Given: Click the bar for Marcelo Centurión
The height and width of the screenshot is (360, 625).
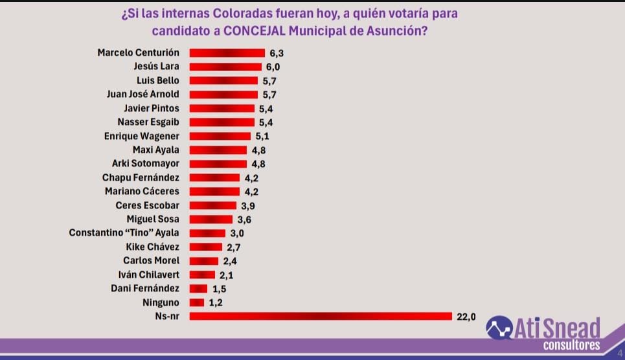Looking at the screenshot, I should [227, 52].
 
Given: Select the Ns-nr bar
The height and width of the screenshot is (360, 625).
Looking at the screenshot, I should [320, 316].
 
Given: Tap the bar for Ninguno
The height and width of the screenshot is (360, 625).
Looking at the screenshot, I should [196, 302].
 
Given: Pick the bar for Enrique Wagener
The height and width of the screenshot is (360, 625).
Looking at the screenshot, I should [220, 136].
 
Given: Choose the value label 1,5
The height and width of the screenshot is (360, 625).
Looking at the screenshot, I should [219, 288].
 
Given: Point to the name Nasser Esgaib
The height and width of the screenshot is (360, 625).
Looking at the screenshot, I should [148, 122].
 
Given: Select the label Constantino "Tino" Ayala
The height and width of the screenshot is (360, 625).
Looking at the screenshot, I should [124, 233].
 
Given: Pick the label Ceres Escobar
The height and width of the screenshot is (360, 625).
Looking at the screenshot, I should [147, 205].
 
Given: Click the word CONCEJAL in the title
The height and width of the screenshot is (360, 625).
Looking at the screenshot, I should [262, 30].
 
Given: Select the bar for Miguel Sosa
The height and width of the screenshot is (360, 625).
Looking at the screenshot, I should [210, 219].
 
